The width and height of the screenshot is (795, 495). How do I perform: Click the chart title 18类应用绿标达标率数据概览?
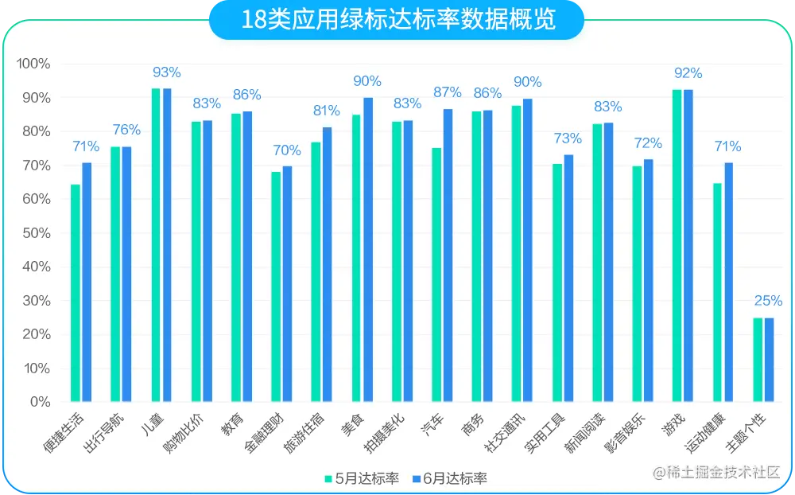pyautogui.click(x=397, y=20)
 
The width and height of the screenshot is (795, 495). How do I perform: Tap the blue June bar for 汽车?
pyautogui.click(x=448, y=255)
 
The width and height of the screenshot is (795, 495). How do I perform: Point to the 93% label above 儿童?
pyautogui.click(x=167, y=72)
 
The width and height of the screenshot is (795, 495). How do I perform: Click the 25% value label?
pyautogui.click(x=768, y=301)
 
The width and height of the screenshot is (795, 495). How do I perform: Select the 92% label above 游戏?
pyautogui.click(x=688, y=73)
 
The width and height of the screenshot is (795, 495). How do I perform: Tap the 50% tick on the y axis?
pyautogui.click(x=34, y=233)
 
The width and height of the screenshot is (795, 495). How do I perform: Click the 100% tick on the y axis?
pyautogui.click(x=32, y=64)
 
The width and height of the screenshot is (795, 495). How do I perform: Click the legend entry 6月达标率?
pyautogui.click(x=450, y=478)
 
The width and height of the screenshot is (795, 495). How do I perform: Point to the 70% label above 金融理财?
pyautogui.click(x=287, y=150)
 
